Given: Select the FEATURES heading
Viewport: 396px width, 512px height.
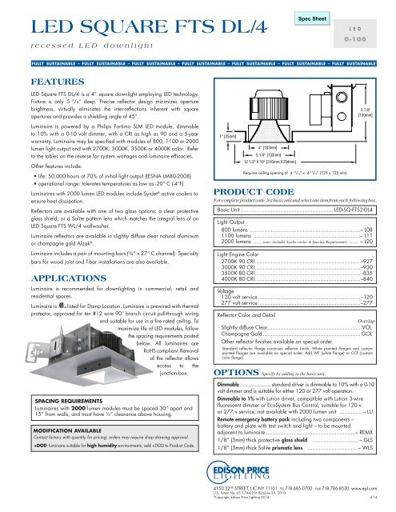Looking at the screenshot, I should pyautogui.click(x=54, y=82).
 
